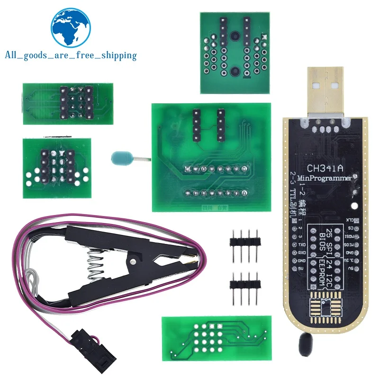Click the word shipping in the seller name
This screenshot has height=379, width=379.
(117, 56)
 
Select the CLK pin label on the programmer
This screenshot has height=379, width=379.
(349, 219)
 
